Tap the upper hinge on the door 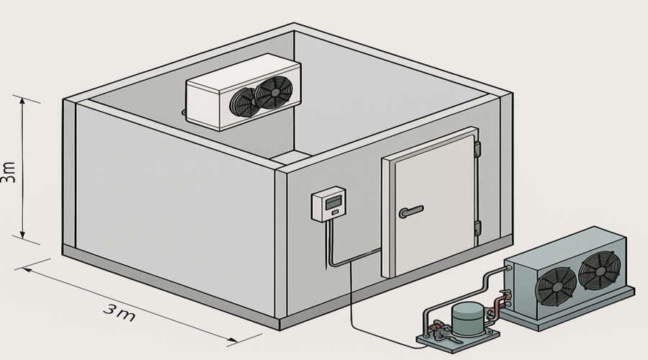pyautogui.click(x=476, y=149)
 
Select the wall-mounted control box pyautogui.click(x=328, y=206)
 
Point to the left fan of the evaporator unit pyautogui.click(x=243, y=102)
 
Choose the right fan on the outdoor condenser pyautogui.click(x=597, y=270)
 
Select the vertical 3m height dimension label pyautogui.click(x=9, y=172)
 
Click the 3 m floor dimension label pyautogui.click(x=119, y=311)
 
